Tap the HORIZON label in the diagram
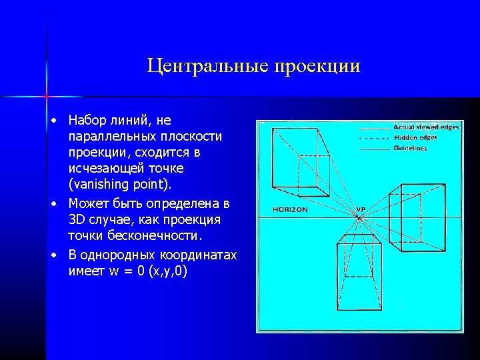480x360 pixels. point(290,209)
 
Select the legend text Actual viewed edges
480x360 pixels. point(426,127)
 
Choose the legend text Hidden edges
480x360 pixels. point(415,137)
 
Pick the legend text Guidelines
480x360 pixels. point(410,148)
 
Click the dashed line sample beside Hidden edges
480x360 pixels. point(375,138)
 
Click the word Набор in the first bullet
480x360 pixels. point(88,121)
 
